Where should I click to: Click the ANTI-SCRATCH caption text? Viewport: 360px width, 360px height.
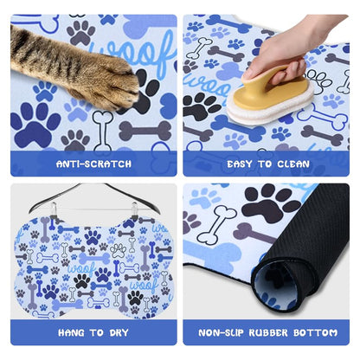point(93,164)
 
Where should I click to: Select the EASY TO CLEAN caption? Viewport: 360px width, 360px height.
point(268,164)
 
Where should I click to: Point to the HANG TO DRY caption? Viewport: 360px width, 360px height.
point(93,332)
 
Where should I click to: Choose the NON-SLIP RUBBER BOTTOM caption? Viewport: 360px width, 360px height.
point(267,332)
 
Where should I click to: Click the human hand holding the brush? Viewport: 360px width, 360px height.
point(288,49)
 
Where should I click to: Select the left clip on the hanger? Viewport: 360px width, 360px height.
point(53,209)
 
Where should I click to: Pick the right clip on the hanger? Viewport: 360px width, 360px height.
point(134,209)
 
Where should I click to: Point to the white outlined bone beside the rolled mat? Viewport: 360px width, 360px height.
point(216,225)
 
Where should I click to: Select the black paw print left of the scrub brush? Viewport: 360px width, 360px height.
point(201,106)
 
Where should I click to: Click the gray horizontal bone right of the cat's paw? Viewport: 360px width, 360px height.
point(145,131)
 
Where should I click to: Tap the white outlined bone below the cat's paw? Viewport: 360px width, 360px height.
point(102,130)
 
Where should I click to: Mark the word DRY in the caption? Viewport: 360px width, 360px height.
point(119,332)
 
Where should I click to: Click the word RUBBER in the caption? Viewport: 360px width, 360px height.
point(268,332)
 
